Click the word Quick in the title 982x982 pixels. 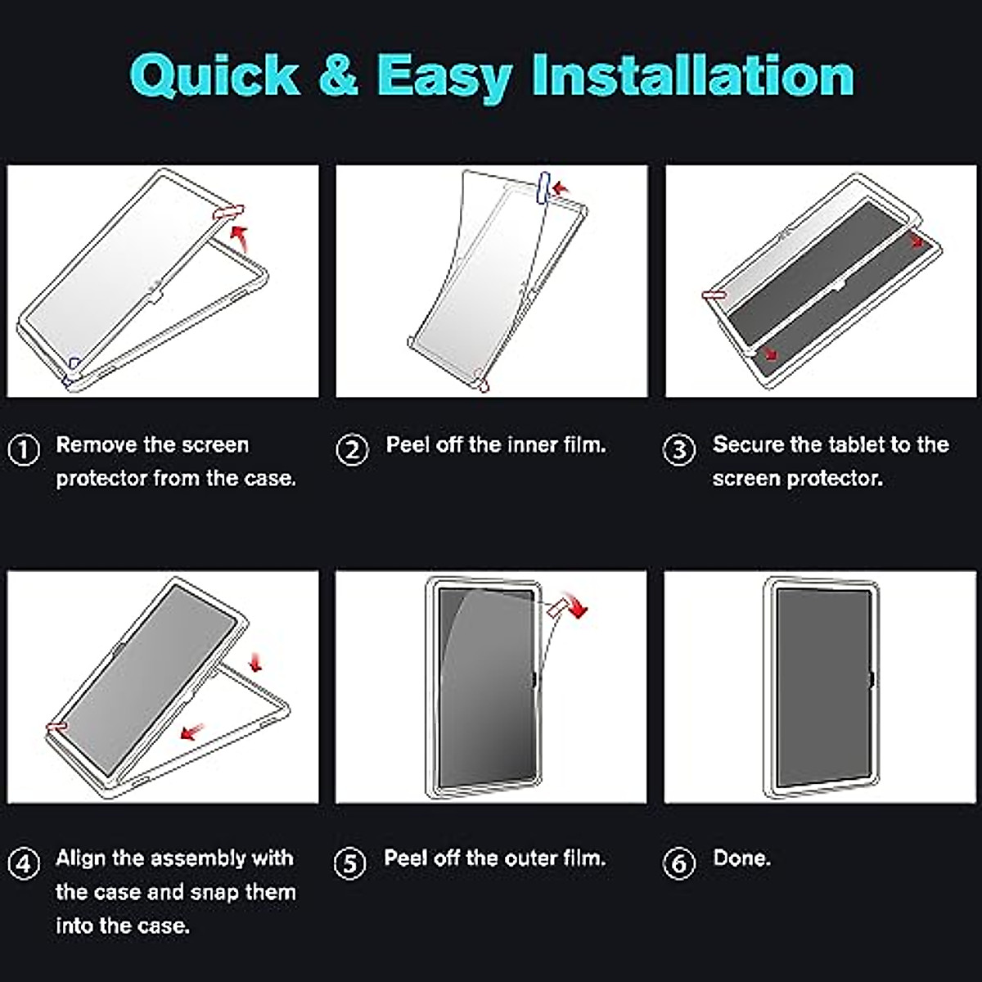(215, 76)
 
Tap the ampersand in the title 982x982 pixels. (338, 74)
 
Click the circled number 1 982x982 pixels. (24, 450)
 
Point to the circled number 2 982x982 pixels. (352, 450)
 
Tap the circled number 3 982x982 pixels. (678, 450)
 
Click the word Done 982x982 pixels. (742, 858)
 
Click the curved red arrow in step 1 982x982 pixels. (240, 238)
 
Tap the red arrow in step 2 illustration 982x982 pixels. (561, 188)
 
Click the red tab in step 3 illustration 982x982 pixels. (715, 295)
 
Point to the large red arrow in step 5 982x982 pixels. (576, 605)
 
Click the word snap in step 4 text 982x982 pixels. (214, 893)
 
